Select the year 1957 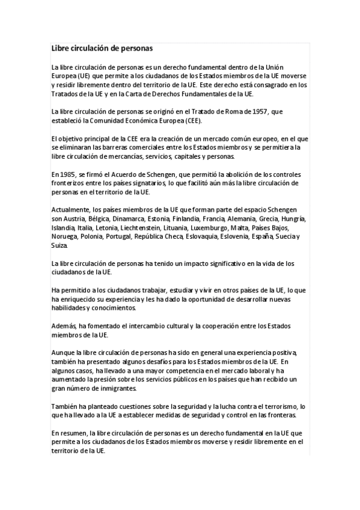pos(260,111)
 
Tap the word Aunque pos(63,352)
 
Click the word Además pos(64,325)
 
